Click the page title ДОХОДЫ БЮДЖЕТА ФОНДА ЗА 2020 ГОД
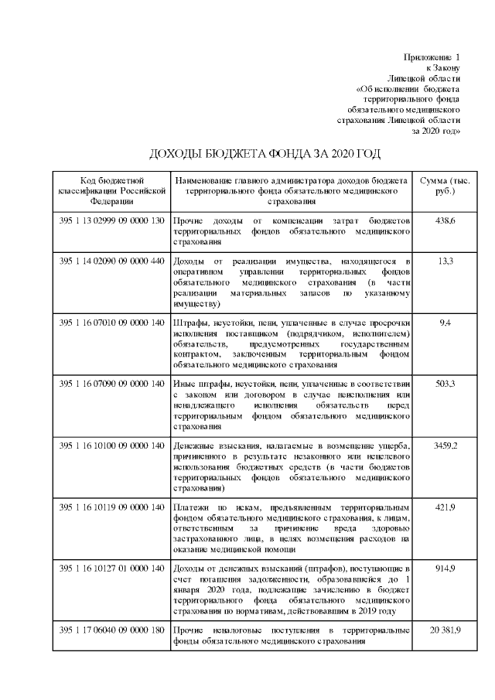[265, 153]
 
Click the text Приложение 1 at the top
[432, 58]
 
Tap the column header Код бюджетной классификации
[111, 190]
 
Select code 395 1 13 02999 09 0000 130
[111, 221]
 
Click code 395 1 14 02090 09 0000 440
[111, 261]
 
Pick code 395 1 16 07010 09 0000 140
[111, 321]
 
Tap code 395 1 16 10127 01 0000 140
[111, 569]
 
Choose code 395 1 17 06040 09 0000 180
[111, 630]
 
